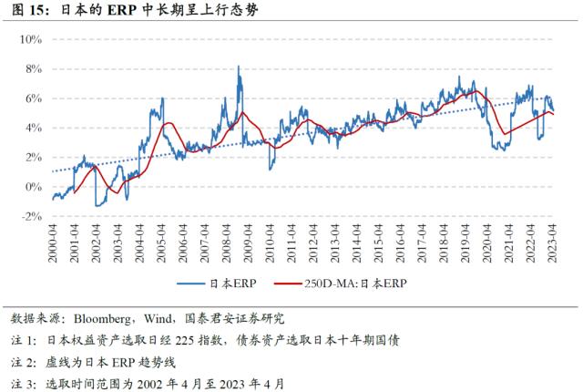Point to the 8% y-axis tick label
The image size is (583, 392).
35,69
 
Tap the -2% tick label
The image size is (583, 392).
33,216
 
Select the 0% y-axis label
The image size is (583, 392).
35,187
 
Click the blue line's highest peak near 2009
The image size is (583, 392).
239,67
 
